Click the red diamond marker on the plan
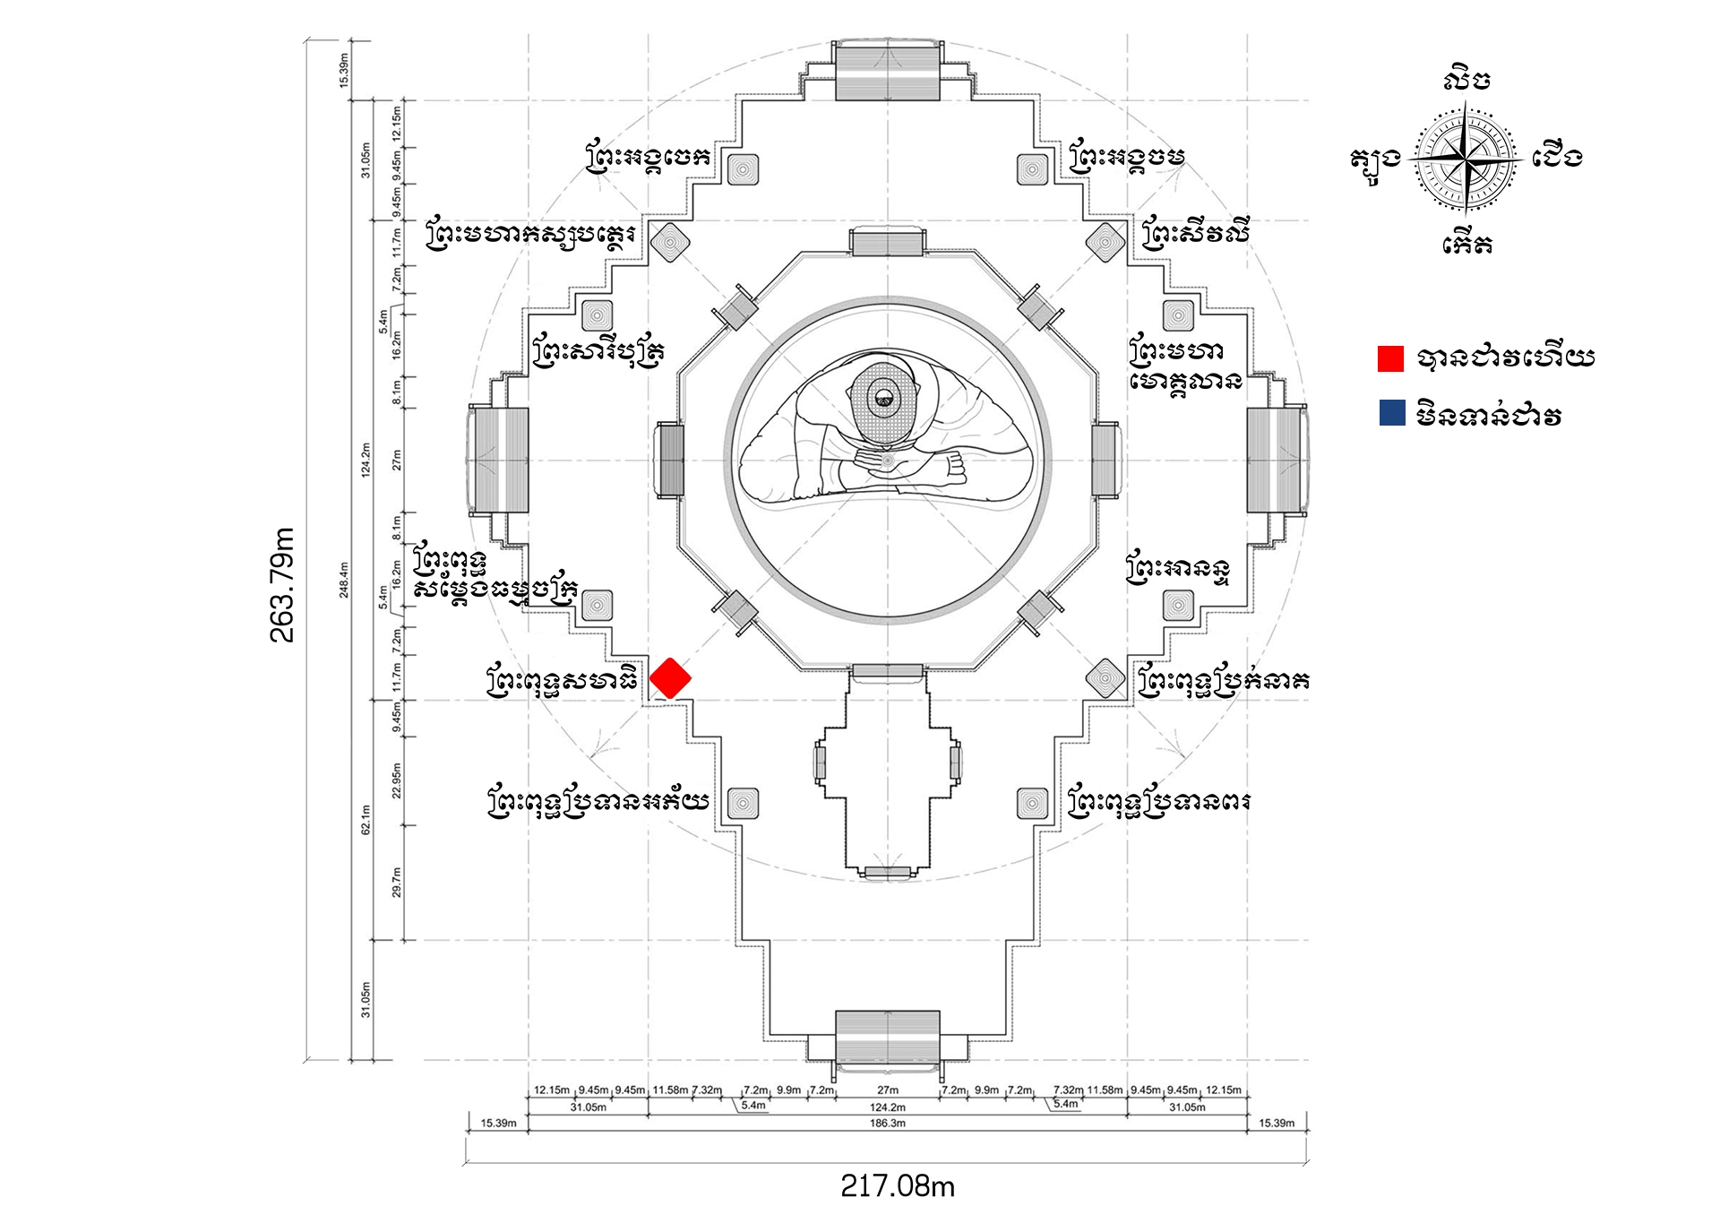670,678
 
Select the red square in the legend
1390,358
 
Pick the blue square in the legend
1391,413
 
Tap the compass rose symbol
1465,159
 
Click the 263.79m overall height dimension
282,584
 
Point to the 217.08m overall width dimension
897,1186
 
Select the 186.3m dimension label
887,1123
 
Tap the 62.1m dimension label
365,819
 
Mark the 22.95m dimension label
397,780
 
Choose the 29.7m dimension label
397,882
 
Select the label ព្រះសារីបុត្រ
598,351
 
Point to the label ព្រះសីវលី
1195,234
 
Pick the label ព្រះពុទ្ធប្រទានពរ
1158,802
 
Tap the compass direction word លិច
1467,80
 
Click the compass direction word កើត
1467,244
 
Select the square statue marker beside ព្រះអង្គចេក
743,168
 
